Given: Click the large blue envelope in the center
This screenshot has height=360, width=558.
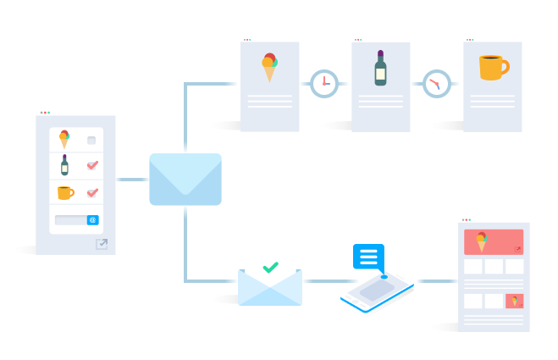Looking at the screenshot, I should click(185, 179).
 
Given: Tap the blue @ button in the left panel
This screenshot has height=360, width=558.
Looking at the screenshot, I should click(93, 220).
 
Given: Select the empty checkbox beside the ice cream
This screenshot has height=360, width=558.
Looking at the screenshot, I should click(91, 141).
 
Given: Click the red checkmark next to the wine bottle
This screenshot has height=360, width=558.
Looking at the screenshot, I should click(92, 165).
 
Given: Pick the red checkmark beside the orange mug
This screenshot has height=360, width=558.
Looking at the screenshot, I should click(92, 192).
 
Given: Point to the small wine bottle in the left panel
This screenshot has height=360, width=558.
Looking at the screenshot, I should click(64, 164).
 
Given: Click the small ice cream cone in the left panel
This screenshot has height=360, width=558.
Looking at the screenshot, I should click(64, 139).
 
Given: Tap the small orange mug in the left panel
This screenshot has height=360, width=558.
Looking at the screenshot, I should click(65, 192).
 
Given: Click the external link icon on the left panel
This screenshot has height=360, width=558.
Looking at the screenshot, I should click(102, 244).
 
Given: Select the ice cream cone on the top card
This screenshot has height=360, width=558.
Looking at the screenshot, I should click(269, 68).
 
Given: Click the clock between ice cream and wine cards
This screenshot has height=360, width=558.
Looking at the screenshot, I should click(323, 84).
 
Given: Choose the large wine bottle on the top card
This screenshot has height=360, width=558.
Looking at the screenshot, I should click(380, 68).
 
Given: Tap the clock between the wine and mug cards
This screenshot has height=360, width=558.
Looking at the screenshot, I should click(436, 84).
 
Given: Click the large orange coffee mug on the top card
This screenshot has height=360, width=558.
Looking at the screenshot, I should click(492, 67).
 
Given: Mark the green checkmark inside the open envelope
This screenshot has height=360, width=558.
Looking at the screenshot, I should click(270, 268).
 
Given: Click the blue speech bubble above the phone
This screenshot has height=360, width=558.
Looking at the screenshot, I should click(368, 256).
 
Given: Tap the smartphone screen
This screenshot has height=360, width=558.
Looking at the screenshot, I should click(376, 290).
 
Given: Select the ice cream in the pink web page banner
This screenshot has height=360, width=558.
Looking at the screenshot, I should click(482, 241).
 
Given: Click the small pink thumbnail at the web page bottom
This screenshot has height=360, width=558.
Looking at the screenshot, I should click(514, 301).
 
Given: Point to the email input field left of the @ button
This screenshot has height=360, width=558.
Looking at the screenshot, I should click(70, 220).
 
